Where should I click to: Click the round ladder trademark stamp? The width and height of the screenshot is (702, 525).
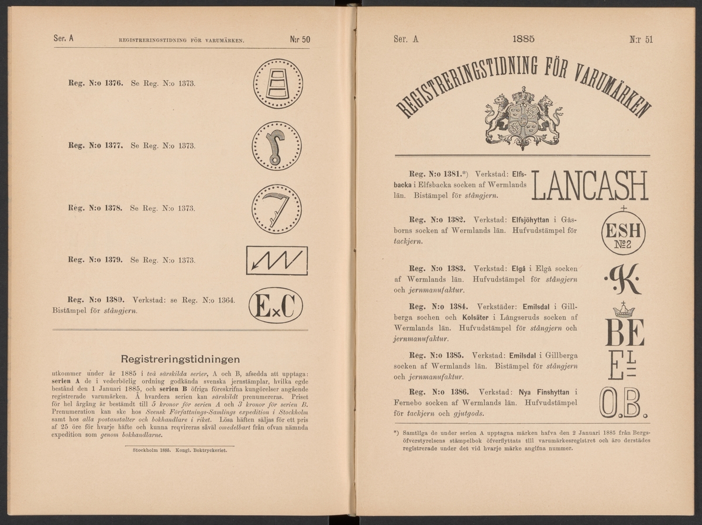coord(278,84)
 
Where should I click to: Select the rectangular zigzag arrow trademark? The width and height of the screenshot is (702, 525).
coord(277,260)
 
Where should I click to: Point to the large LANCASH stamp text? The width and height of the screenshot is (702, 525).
coord(590,186)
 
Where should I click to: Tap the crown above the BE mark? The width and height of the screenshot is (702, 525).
coord(624,310)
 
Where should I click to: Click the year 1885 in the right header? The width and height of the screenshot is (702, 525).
coord(524,39)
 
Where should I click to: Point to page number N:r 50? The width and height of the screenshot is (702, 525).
coord(299,40)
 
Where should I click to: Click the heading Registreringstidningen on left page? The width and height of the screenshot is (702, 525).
coord(179,359)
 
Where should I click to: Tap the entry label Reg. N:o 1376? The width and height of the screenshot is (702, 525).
coord(94,84)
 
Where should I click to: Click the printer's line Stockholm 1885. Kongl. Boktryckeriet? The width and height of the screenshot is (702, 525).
coord(180,451)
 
